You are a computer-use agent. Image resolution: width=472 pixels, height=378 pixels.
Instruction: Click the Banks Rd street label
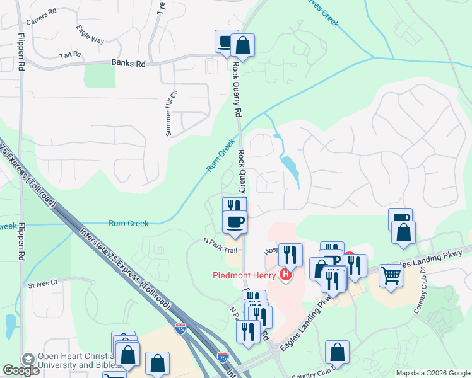click(x=128, y=63)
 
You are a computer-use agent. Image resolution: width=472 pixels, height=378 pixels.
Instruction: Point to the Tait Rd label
click(x=71, y=55)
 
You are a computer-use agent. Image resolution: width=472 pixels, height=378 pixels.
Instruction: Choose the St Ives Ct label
click(x=42, y=284)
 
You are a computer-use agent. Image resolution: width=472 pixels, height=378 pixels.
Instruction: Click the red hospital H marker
click(x=286, y=275)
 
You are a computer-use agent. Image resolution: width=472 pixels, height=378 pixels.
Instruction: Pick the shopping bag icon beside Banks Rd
click(x=242, y=45)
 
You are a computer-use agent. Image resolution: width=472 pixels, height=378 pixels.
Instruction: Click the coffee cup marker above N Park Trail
click(x=234, y=222)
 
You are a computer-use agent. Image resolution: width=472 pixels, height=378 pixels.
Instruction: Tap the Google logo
click(x=21, y=370)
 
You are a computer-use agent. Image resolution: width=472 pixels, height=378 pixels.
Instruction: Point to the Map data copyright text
click(x=433, y=373)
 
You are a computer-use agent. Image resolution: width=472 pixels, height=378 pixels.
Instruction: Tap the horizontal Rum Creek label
click(x=128, y=223)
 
